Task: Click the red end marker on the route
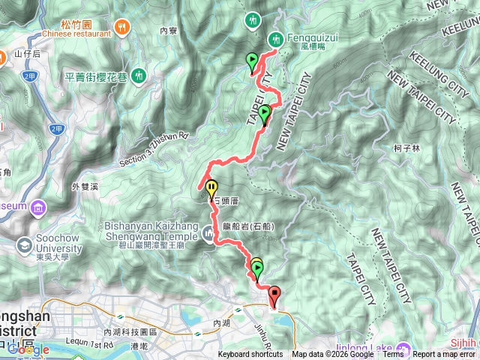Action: pyautogui.click(x=274, y=295)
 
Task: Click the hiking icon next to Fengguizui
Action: pyautogui.click(x=276, y=38)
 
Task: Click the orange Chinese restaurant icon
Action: pyautogui.click(x=121, y=27)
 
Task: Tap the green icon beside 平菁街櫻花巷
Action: pyautogui.click(x=139, y=75)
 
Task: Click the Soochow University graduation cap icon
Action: pyautogui.click(x=25, y=245)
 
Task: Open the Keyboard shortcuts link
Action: pyautogui.click(x=250, y=355)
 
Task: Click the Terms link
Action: pyautogui.click(x=392, y=355)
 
